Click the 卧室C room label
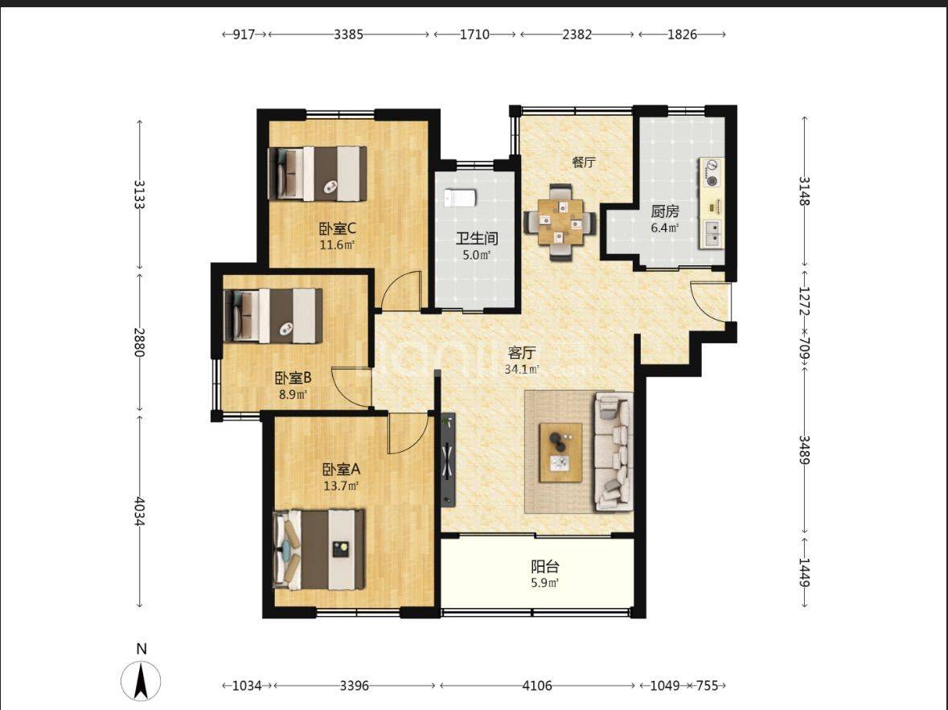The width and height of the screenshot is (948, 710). coord(338,228)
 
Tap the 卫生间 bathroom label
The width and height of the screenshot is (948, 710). coord(477,238)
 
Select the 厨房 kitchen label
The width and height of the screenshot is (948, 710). coord(664,211)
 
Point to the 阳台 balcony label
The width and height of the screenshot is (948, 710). coord(544,567)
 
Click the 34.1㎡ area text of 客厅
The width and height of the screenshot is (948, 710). coord(522,369)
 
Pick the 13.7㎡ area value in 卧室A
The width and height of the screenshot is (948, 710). coord(342,485)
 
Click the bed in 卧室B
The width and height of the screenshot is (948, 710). coord(273,315)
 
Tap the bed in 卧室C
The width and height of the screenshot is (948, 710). coord(318,173)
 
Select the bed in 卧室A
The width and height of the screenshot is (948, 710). coord(318,550)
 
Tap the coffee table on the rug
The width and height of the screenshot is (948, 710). coord(561,453)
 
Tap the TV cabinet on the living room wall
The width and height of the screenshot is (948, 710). coord(448,460)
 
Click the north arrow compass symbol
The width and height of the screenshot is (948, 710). coord(141,679)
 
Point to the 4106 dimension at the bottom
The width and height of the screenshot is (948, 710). coord(537,685)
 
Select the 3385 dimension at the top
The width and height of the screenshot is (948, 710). coord(349,35)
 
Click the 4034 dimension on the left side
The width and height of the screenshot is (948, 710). coord(139,511)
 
